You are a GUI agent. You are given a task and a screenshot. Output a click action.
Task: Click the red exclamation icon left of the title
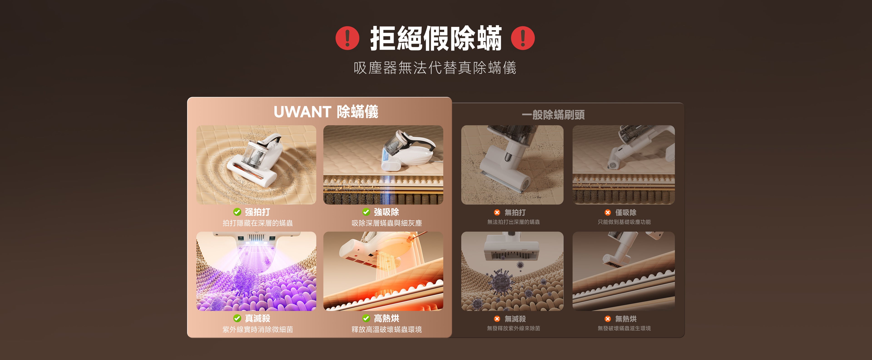click(x=347, y=38)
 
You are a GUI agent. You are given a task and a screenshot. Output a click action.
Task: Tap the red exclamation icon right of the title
click(x=523, y=38)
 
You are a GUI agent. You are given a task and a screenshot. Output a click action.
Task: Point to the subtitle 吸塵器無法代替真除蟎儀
click(x=435, y=68)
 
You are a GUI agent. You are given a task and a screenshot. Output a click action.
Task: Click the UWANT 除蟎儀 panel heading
click(x=326, y=112)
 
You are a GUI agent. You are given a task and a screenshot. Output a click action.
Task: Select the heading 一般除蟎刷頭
click(x=553, y=115)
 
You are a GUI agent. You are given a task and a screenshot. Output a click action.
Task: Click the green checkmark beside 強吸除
click(x=366, y=212)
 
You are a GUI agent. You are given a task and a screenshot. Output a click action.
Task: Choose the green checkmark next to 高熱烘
click(x=366, y=318)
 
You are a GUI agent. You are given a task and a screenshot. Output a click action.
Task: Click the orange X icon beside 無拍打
click(x=497, y=212)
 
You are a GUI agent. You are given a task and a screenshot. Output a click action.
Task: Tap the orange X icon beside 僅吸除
click(x=608, y=212)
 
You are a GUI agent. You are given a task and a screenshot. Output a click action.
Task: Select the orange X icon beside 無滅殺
click(x=497, y=319)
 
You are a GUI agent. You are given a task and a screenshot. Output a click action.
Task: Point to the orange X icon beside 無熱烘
click(x=608, y=319)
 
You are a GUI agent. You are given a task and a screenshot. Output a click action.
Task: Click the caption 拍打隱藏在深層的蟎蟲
click(x=258, y=223)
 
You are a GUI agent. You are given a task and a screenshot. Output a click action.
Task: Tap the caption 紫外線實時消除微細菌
click(x=258, y=329)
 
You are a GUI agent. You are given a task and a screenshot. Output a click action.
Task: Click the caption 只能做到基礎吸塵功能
click(x=624, y=222)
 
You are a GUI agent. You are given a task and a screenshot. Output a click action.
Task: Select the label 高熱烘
click(x=386, y=318)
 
